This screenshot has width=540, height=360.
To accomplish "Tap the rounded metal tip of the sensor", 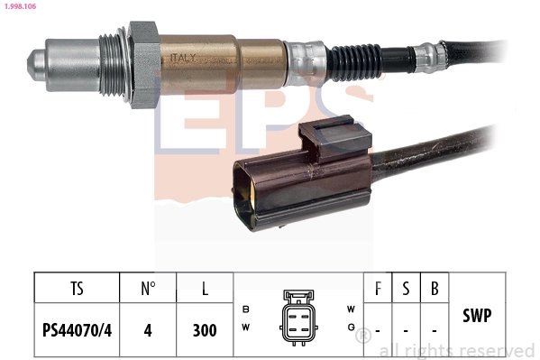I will point(34,62).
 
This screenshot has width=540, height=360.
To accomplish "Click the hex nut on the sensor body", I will point(143,64).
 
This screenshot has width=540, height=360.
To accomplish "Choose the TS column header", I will point(77,289).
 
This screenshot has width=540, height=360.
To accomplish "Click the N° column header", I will point(149,289).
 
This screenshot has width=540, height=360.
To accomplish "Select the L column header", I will point(205,289).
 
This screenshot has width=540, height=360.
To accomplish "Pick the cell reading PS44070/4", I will point(77,329).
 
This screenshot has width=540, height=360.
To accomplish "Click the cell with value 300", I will point(205,329).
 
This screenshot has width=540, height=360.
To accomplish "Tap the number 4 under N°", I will point(149,329).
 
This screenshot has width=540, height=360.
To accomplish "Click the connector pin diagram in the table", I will point(298,318).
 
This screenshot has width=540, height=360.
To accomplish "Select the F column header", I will point(377,289).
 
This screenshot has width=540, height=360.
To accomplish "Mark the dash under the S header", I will point(406,330).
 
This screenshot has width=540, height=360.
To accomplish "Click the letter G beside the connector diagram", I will point(351,327).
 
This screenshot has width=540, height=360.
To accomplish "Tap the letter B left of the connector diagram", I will point(245,309).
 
